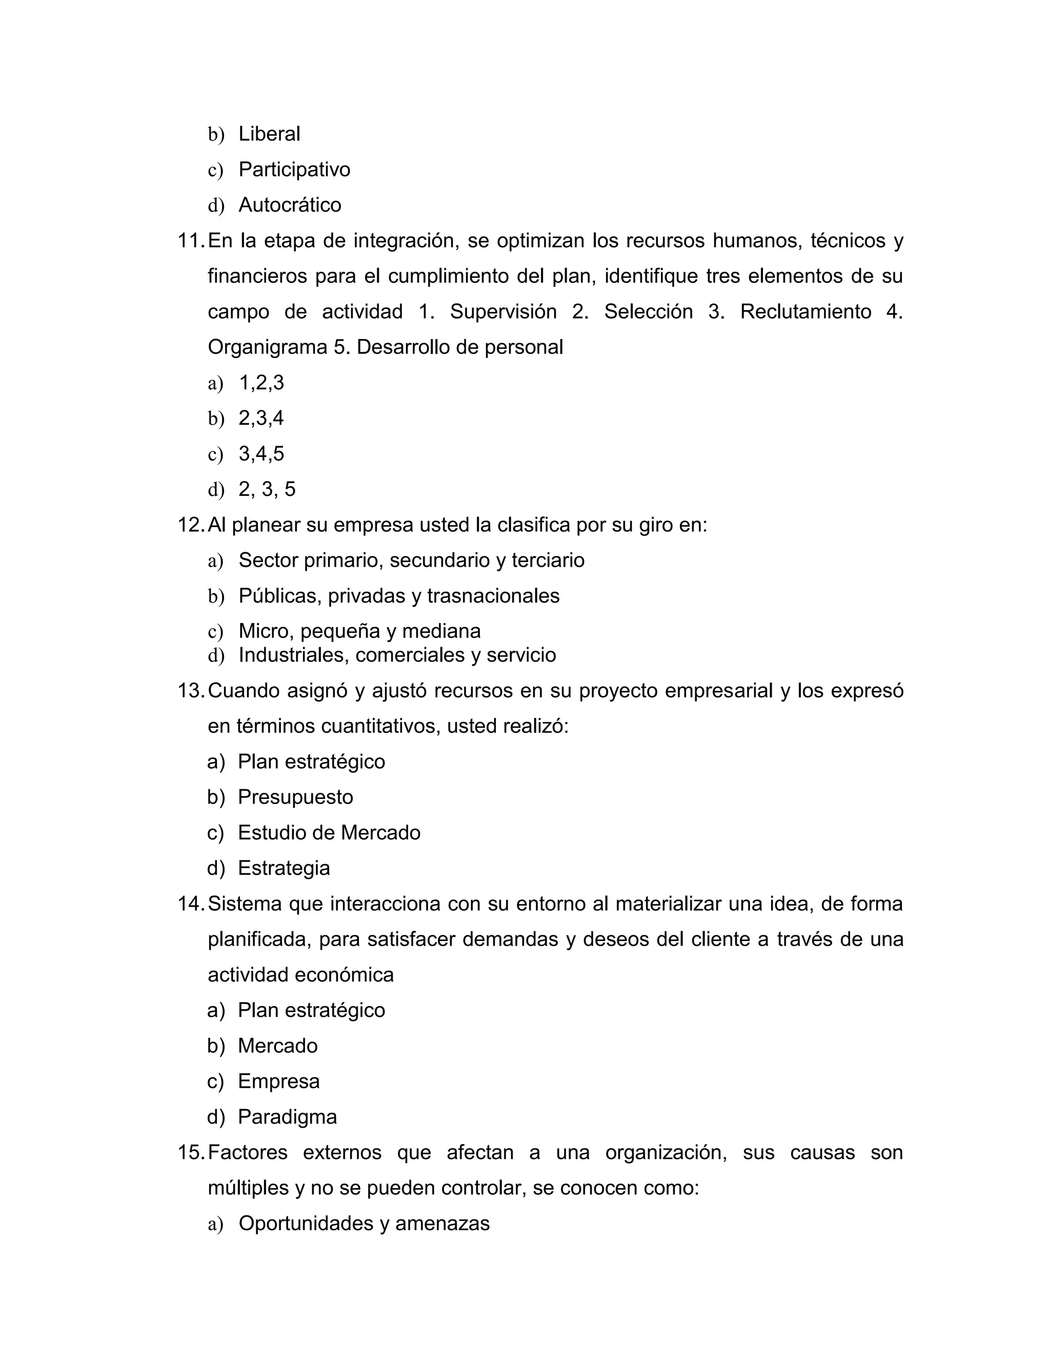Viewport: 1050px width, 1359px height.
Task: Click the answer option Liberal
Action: click(x=269, y=134)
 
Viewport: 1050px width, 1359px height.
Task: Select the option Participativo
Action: click(x=294, y=169)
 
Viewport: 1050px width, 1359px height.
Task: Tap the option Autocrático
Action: click(x=290, y=205)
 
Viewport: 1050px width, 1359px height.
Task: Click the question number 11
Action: click(x=190, y=240)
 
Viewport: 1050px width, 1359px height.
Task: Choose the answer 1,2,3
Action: click(x=261, y=382)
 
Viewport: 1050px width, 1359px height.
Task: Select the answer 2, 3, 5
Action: click(x=267, y=489)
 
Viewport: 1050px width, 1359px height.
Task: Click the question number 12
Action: click(x=190, y=525)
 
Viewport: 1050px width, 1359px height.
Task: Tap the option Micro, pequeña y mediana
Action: click(x=359, y=631)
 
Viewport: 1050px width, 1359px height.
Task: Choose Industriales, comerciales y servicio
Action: click(x=397, y=654)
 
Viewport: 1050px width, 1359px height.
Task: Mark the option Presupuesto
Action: click(x=295, y=797)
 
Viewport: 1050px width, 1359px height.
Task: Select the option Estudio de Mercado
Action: click(x=329, y=832)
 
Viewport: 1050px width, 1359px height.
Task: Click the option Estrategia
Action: click(x=284, y=868)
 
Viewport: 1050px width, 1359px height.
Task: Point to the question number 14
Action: click(x=190, y=904)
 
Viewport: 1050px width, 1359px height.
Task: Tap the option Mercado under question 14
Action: click(x=277, y=1045)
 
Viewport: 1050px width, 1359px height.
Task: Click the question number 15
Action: click(x=190, y=1152)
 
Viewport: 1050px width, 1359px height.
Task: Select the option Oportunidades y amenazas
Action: click(x=364, y=1223)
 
